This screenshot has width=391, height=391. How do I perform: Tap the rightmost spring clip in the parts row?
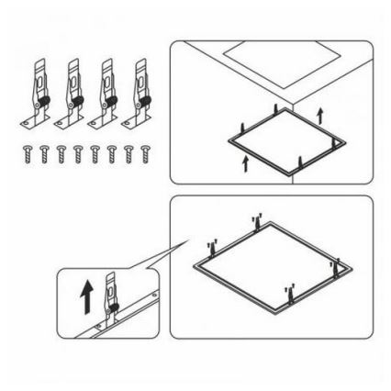pos(140,93)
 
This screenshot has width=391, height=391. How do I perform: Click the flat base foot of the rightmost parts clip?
pos(138,120)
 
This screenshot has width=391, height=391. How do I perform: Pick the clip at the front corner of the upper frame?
pos(300,162)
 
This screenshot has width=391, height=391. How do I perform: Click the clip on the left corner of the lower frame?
pos(213,249)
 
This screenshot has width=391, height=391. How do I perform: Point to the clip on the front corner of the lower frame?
pos(289,295)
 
